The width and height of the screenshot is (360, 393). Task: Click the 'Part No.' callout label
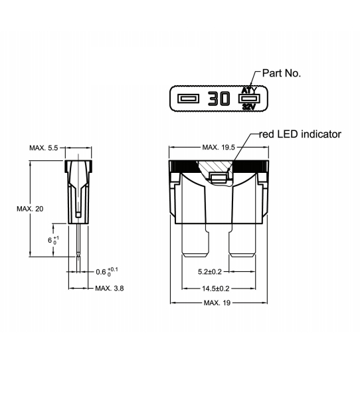[x=281, y=73]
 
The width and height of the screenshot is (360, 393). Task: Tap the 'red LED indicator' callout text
[x=300, y=134]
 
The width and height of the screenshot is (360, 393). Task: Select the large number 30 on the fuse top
[x=219, y=98]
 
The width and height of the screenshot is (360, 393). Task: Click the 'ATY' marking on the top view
[x=249, y=90]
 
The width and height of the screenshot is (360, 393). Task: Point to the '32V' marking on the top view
[x=249, y=107]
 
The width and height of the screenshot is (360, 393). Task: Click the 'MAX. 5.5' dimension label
[x=44, y=148]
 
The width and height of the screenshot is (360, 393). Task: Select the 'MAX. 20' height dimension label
[x=30, y=209]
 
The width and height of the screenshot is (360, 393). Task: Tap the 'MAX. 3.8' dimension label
[x=110, y=288]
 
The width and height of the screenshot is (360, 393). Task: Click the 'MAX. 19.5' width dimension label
[x=219, y=147]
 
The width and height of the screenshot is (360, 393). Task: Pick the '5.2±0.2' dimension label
[x=210, y=272]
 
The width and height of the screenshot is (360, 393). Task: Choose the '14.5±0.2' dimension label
[x=216, y=289]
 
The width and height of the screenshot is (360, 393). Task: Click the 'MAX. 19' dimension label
[x=217, y=303]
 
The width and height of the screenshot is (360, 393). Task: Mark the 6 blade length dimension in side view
[x=53, y=240]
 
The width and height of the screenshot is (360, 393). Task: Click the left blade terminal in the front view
[x=195, y=240]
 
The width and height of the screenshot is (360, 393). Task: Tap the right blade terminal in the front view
[x=242, y=240]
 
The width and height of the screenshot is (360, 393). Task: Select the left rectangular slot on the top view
[x=188, y=98]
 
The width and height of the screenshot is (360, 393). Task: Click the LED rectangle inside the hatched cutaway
[x=219, y=178]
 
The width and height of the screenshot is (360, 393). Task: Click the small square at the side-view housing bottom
[x=78, y=215]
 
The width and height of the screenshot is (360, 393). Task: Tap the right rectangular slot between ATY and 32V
[x=249, y=98]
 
